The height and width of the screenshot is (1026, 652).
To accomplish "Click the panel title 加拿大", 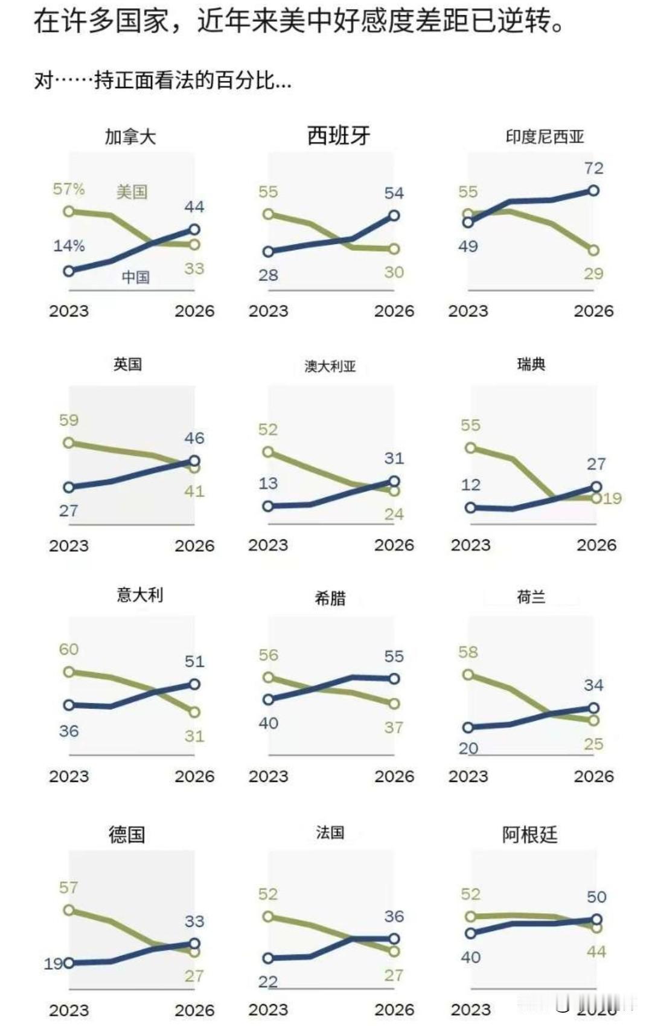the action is point(130,136).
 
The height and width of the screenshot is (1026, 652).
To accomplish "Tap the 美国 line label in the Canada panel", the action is point(132,192).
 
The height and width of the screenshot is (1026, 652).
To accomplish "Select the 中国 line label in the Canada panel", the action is point(136,277).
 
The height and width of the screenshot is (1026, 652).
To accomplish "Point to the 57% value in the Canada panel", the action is point(69,188).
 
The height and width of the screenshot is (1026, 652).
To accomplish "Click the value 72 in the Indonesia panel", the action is point(593,168).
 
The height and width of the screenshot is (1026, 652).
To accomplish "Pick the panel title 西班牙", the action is point(338,136).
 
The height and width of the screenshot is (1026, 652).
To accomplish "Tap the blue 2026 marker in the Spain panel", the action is point(394,215).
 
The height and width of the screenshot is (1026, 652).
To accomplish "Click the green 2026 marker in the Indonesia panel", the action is point(593,250).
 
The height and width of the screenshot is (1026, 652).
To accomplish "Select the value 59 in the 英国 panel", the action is point(69,420).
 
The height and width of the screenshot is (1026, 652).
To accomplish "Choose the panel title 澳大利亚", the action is point(330,366).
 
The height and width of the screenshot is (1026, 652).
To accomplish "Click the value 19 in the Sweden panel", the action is point(612,498).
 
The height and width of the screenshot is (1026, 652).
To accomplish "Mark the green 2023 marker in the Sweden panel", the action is point(470,448).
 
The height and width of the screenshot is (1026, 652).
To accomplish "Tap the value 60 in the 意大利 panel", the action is point(69,649).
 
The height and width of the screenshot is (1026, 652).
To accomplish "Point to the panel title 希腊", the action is point(330,598).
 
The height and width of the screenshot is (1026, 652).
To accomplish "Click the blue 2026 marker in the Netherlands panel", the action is point(593,708).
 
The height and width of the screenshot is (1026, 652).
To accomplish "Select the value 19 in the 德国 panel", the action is point(53,964).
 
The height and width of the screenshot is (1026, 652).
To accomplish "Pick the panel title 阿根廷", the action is point(530,835).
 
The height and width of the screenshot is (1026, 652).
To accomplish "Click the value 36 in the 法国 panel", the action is point(394,917).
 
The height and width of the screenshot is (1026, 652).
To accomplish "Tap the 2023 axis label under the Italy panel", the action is point(69,777).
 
